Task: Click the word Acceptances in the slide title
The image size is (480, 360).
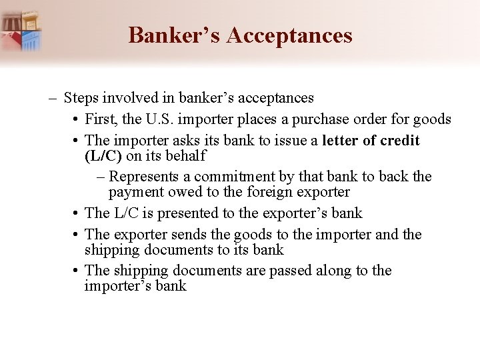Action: coord(289,35)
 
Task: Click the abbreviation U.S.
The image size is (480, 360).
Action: coord(166,120)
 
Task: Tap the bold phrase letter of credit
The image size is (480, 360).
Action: coord(371,141)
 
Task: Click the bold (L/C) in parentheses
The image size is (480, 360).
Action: coord(103,156)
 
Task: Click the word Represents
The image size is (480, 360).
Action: coord(143,177)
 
